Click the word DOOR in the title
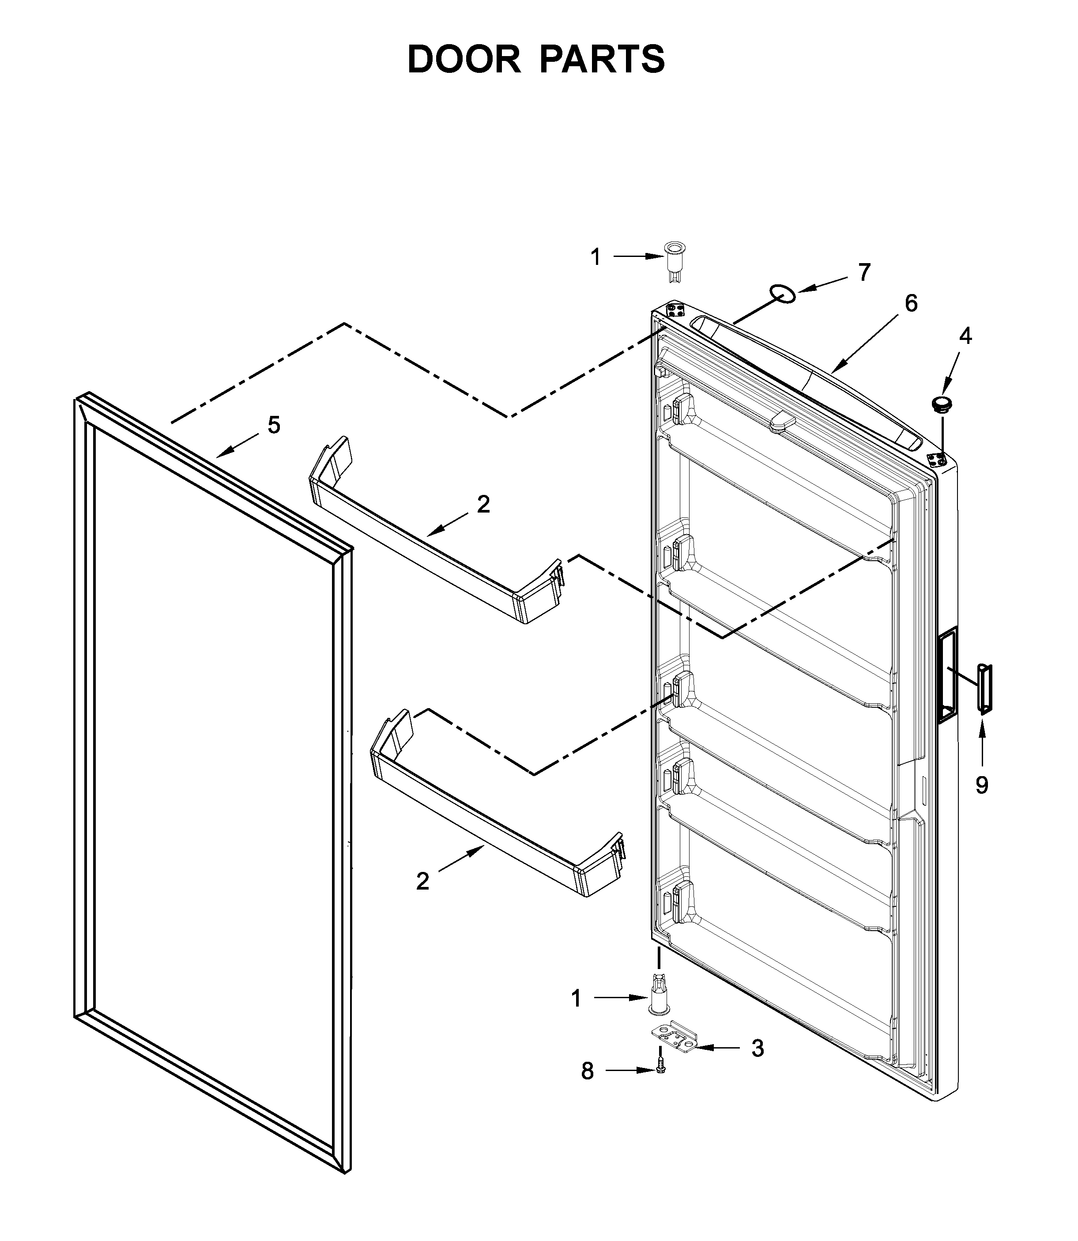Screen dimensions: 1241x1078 (x=464, y=59)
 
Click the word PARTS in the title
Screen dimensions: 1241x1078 (x=602, y=59)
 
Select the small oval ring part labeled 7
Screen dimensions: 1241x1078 (x=784, y=294)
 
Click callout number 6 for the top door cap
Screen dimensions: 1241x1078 (x=911, y=304)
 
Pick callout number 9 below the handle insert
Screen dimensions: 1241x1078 (x=982, y=785)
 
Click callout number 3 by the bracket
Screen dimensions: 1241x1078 (x=758, y=1048)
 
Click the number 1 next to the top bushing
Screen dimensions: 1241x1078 (x=595, y=257)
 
